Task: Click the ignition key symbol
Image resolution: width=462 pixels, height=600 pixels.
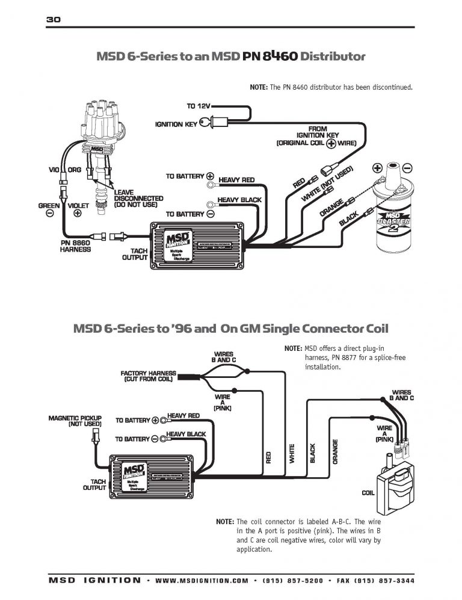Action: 207,125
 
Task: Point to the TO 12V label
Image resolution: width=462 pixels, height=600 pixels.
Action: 199,106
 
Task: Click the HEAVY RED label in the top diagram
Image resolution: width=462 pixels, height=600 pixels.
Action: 236,180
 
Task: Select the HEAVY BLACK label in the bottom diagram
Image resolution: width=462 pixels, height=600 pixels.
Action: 186,434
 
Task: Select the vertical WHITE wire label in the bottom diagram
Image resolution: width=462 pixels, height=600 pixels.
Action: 292,453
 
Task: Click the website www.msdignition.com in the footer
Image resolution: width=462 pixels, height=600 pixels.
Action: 201,581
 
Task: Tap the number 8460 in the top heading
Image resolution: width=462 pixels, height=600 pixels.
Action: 279,57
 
